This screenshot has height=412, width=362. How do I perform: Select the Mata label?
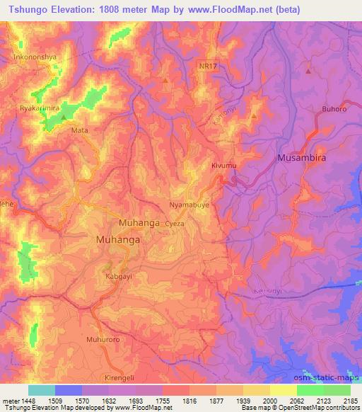pyautogui.click(x=80, y=130)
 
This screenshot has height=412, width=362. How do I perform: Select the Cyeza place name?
pyautogui.click(x=175, y=222)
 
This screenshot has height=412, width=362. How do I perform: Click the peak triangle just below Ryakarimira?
pyautogui.click(x=64, y=117)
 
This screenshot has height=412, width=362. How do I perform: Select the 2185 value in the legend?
pyautogui.click(x=350, y=401)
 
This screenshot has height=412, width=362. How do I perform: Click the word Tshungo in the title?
pyautogui.click(x=26, y=10)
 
